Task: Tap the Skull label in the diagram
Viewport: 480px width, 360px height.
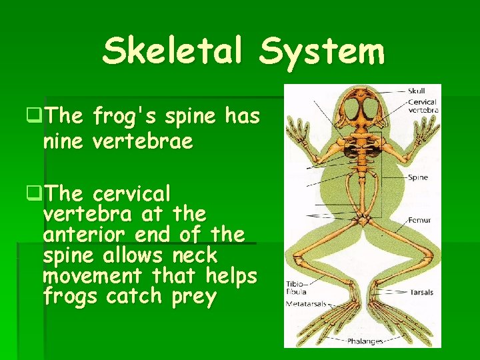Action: (x=417, y=90)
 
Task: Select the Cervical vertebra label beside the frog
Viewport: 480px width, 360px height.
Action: (x=422, y=106)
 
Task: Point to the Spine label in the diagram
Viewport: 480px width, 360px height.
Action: (x=418, y=177)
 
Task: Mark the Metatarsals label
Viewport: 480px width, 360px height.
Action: (x=307, y=303)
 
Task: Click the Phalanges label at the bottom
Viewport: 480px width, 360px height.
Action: (x=365, y=341)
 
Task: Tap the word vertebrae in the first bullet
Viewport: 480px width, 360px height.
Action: (x=143, y=141)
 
